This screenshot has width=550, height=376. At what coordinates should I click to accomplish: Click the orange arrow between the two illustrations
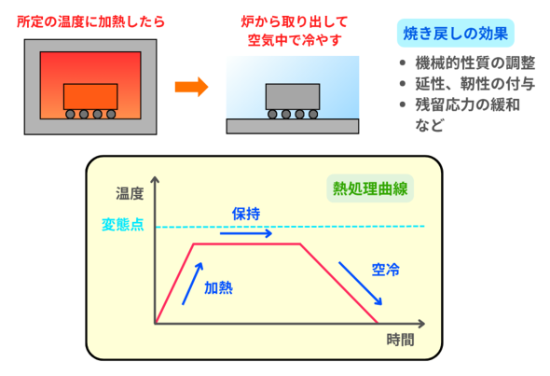(191, 87)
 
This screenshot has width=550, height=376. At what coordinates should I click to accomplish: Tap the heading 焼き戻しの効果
(455, 34)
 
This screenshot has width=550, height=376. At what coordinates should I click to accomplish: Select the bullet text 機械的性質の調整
(475, 63)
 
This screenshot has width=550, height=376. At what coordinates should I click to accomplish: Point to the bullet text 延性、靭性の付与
(475, 84)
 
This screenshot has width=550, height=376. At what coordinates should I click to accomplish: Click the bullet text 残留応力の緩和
(468, 104)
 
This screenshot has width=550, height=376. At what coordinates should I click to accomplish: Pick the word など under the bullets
(430, 125)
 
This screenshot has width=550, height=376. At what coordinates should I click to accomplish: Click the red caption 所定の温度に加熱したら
(90, 21)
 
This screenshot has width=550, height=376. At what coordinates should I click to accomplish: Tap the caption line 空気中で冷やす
(295, 40)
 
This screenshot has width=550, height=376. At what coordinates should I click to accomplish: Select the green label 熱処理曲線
(370, 188)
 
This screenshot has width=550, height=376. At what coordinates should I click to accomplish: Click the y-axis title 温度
(130, 193)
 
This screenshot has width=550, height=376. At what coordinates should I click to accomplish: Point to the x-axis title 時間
(400, 340)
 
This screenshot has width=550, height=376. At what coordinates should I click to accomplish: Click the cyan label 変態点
(123, 224)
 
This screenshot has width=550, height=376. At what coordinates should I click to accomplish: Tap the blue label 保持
(246, 214)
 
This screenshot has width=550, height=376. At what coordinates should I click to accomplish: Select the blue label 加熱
(218, 287)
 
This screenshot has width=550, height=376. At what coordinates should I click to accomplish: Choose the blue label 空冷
(386, 270)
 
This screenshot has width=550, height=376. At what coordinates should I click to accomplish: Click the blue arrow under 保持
(246, 233)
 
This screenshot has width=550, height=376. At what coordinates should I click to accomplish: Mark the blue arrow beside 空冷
(360, 284)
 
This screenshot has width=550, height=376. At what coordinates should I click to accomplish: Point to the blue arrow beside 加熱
(193, 284)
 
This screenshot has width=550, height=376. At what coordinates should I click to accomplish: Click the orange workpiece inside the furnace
(90, 96)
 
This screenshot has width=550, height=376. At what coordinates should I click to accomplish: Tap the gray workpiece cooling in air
(293, 96)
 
